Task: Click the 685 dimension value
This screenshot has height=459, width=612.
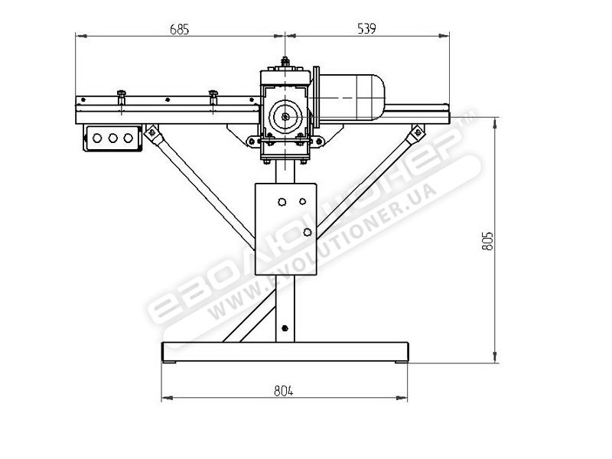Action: pos(177,29)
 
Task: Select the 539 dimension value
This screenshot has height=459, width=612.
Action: pos(366,29)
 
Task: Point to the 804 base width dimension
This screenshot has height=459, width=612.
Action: pos(283,390)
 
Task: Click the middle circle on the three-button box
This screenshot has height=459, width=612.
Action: pos(112,138)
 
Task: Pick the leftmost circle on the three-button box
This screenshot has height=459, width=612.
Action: pos(98,138)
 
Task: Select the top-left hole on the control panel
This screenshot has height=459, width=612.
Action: pos(282,203)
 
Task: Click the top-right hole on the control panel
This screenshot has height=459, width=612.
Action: pos(303,202)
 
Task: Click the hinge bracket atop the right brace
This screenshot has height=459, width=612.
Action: pos(417,133)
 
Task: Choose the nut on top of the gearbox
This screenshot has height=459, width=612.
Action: pos(285,63)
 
